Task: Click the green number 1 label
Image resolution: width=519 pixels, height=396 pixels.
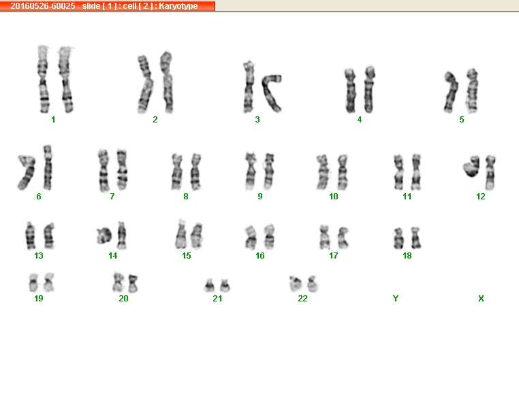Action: coord(53,120)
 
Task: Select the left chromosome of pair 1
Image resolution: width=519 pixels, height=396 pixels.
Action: coord(43,80)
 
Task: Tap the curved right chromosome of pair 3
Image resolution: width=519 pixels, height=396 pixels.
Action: coord(272,92)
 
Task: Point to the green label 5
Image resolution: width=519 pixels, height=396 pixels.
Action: coord(462,120)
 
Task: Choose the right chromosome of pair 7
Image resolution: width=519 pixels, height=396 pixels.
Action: coord(122,170)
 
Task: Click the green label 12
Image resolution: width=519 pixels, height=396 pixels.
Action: coord(481,197)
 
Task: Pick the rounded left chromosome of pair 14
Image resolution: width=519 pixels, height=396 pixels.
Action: coord(104,235)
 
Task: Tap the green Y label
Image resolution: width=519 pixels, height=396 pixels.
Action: coord(396,299)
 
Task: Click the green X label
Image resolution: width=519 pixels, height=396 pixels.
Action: coord(481,299)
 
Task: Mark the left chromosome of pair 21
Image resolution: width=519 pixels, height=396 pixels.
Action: coord(209,286)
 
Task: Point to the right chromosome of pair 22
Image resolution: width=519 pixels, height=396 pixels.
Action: coord(313,284)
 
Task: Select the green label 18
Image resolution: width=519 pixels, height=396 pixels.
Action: coord(407,256)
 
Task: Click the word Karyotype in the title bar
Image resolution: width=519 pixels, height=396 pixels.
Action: coord(178,6)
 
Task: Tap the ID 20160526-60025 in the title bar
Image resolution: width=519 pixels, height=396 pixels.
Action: coord(43,6)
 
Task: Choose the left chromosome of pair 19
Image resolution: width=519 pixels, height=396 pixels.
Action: coord(34,282)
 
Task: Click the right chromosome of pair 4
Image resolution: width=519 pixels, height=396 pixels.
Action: coord(369,90)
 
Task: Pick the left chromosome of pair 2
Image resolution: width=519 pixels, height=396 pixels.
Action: coord(145,84)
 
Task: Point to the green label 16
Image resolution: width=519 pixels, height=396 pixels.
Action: coord(259,256)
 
